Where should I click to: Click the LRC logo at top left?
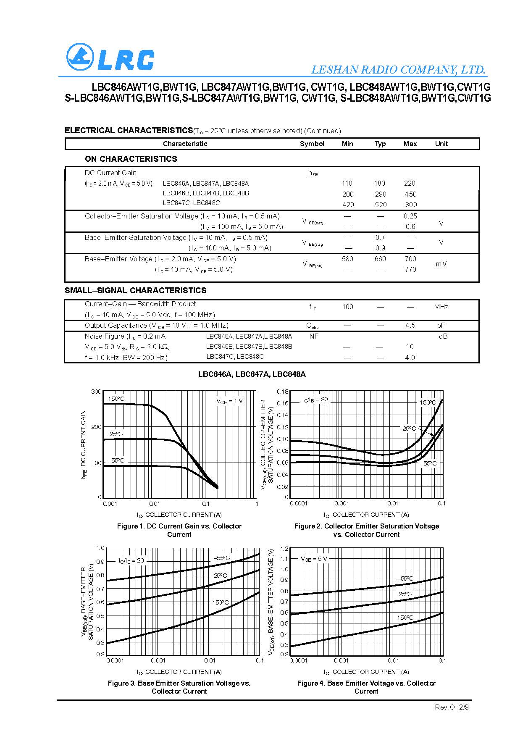click(x=110, y=58)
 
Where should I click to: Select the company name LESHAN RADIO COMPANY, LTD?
click(x=398, y=70)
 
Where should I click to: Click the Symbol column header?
click(x=312, y=144)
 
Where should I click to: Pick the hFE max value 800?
click(x=411, y=205)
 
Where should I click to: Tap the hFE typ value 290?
click(x=380, y=194)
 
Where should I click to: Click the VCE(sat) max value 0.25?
click(x=410, y=216)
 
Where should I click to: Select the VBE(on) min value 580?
click(x=347, y=259)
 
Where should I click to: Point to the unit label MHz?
click(x=441, y=307)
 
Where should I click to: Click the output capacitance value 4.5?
click(x=410, y=325)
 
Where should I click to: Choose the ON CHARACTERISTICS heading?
click(x=131, y=159)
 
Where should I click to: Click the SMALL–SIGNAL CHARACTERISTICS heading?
click(x=135, y=290)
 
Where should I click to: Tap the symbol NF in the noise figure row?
click(x=314, y=336)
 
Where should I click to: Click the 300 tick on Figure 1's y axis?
click(x=96, y=392)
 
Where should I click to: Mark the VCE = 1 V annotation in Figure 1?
click(x=229, y=401)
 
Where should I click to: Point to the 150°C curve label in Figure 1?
click(x=116, y=399)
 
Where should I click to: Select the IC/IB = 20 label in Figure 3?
click(x=131, y=560)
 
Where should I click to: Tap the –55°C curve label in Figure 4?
click(x=405, y=578)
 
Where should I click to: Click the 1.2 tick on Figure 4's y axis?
click(x=284, y=549)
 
